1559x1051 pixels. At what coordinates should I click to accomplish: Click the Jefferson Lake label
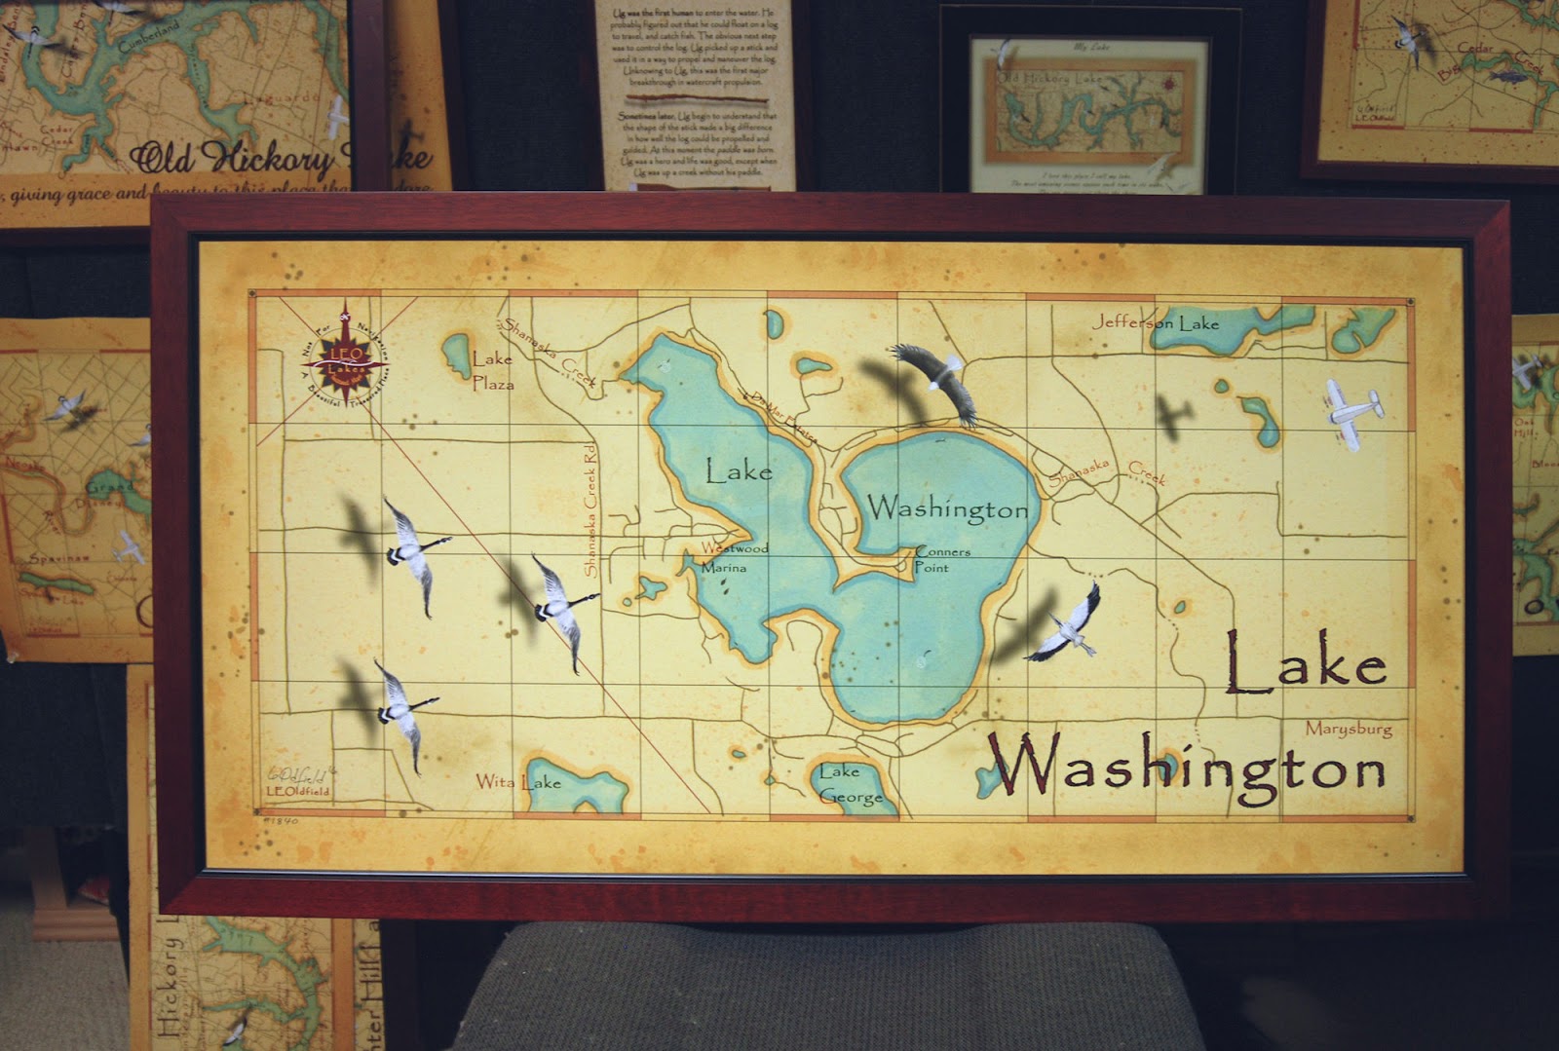(1156, 322)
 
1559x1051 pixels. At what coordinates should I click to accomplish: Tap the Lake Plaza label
(492, 371)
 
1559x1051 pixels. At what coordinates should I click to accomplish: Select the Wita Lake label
(517, 781)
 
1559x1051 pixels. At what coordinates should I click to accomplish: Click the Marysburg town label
(1348, 729)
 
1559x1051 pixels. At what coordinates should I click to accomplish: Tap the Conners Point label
(941, 559)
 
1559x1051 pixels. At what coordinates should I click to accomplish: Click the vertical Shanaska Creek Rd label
(589, 508)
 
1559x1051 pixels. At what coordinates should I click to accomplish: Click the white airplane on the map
(1353, 413)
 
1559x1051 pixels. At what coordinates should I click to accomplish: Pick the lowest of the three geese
(400, 712)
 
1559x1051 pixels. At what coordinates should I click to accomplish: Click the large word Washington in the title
(1186, 768)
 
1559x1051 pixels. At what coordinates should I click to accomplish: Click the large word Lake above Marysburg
(1305, 663)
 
